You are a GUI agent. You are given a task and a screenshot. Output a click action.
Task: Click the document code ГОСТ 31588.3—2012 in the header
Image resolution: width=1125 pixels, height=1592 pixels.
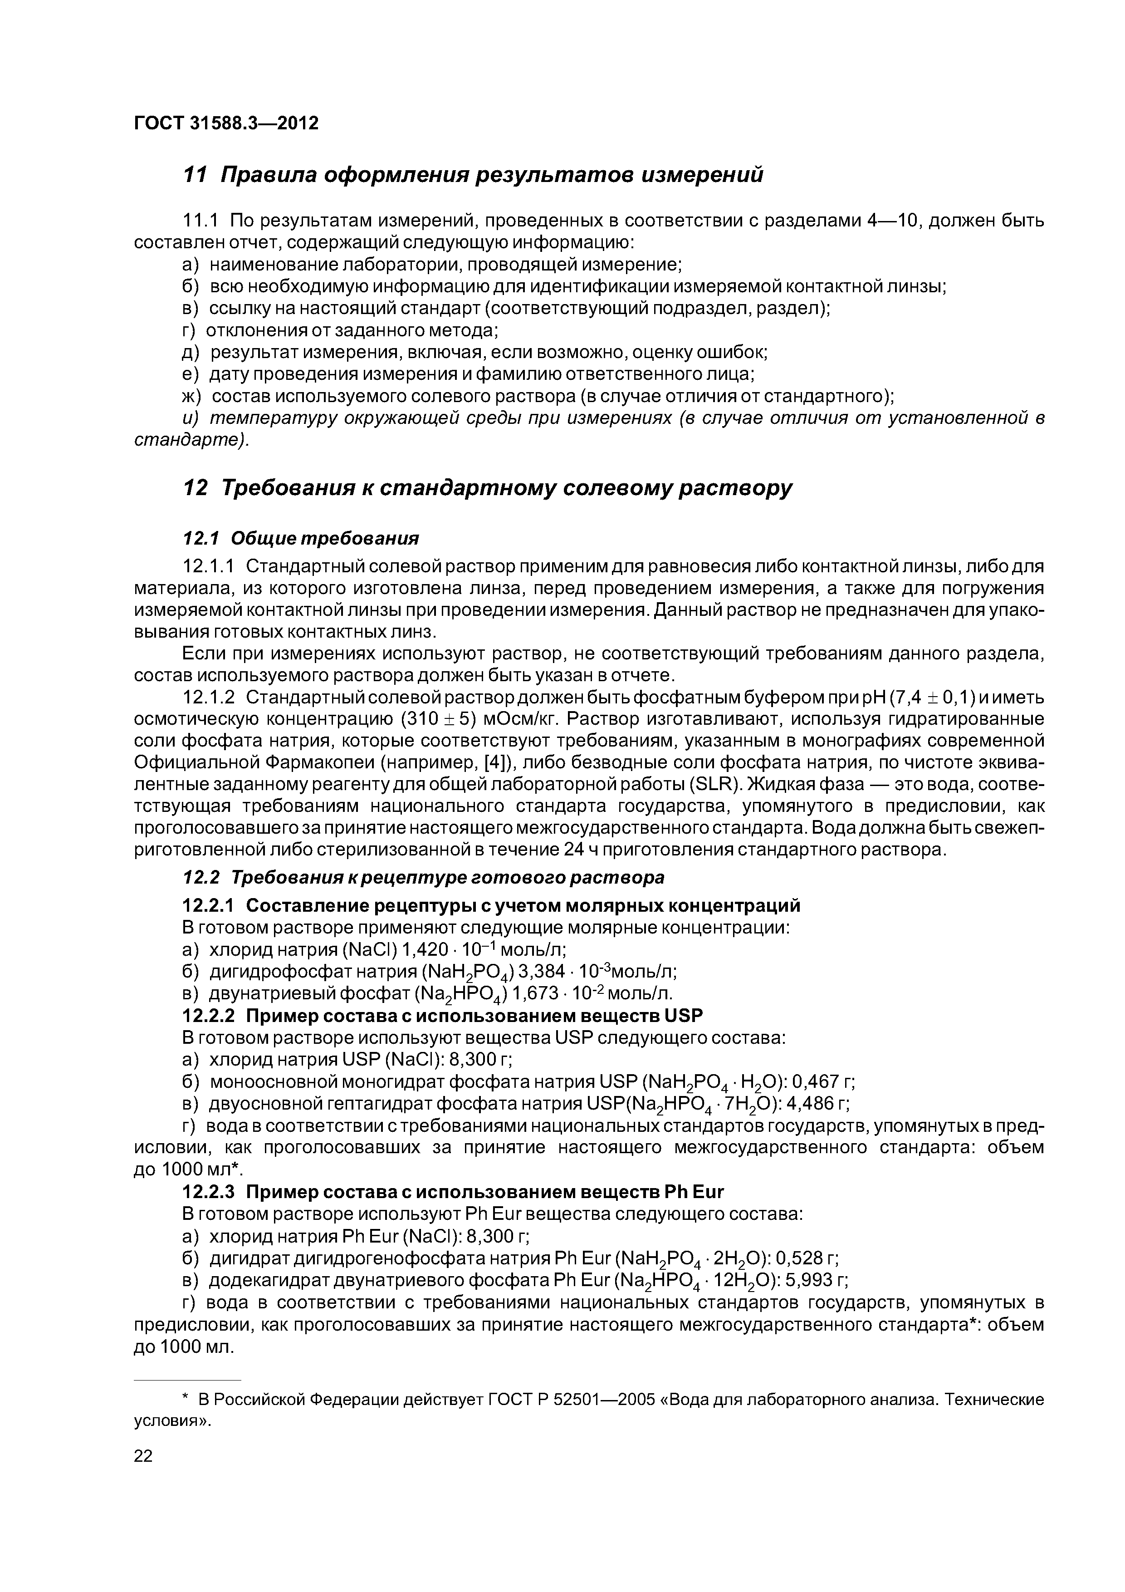[226, 123]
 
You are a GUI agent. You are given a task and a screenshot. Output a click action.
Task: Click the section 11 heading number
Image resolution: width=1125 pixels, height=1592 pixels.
[195, 175]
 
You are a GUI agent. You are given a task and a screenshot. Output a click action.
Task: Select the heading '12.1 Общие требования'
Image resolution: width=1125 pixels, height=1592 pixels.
[300, 538]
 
